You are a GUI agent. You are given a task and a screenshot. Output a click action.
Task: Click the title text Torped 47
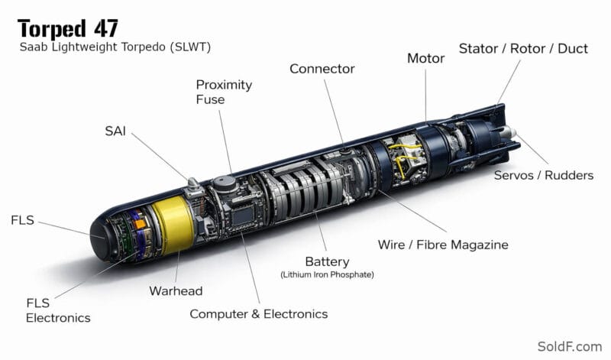[x=67, y=28]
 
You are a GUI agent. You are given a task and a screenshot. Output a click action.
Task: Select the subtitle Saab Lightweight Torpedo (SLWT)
[x=115, y=47]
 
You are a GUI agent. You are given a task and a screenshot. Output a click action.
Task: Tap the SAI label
[x=115, y=131]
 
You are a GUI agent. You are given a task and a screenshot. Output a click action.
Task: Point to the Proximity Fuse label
[x=224, y=92]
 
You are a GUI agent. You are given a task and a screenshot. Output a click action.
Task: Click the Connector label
[x=322, y=69]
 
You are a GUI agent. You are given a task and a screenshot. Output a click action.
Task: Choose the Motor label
[x=426, y=58]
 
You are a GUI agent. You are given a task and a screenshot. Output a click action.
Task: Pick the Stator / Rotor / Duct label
[x=523, y=48]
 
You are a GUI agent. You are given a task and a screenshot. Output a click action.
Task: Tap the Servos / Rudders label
[x=544, y=175]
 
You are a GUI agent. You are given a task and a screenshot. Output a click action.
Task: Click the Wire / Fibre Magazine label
[x=443, y=245]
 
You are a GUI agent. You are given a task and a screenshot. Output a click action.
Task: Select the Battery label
[x=328, y=261]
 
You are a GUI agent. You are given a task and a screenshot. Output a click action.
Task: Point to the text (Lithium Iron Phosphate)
[x=328, y=274]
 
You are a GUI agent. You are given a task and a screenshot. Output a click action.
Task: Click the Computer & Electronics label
[x=259, y=314]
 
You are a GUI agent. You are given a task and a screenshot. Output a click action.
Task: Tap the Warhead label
[x=176, y=291]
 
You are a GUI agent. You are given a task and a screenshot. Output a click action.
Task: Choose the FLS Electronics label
[x=58, y=310]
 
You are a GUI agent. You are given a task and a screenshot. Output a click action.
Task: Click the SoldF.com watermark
[x=569, y=346]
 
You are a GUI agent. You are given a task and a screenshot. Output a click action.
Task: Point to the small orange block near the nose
[x=140, y=224]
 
